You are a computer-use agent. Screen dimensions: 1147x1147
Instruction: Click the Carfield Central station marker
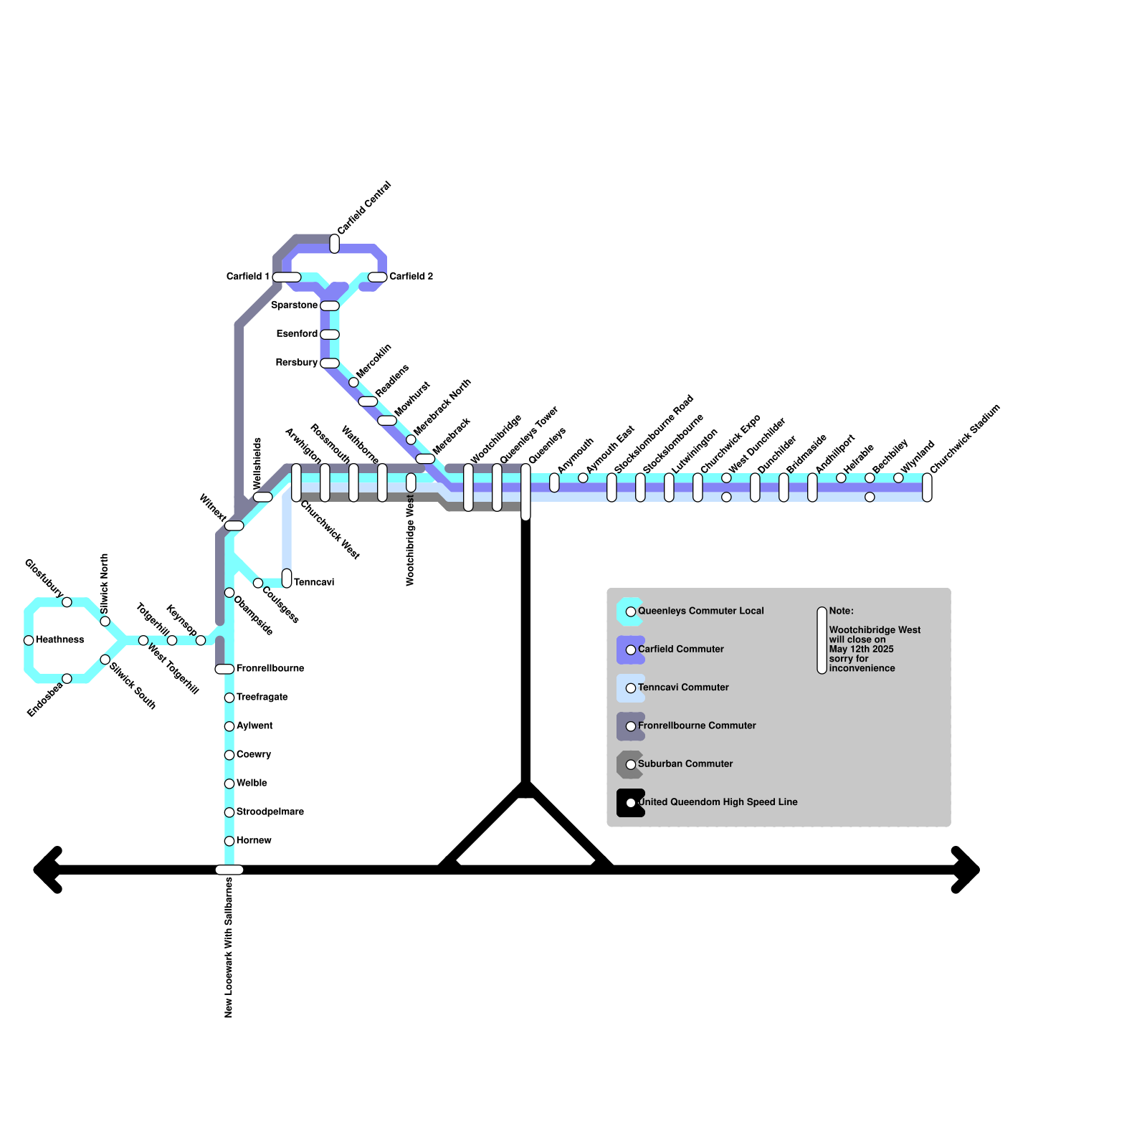[x=334, y=244]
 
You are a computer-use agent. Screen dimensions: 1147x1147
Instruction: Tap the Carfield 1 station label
[x=247, y=276]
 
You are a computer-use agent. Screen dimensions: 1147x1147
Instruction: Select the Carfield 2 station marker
[x=377, y=277]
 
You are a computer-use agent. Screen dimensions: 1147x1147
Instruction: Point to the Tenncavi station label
[x=314, y=582]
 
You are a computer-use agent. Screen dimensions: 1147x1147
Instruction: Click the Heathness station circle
[x=29, y=640]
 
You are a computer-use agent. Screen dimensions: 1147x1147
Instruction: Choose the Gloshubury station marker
[x=67, y=602]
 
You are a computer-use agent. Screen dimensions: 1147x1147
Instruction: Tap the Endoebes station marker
[x=67, y=678]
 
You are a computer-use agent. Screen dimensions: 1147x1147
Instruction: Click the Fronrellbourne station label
[x=270, y=668]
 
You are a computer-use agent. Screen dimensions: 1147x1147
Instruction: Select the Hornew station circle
[x=229, y=841]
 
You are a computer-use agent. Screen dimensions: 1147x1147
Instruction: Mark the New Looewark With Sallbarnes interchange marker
[x=229, y=870]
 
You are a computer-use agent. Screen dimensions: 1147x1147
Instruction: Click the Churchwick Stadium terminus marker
[x=927, y=487]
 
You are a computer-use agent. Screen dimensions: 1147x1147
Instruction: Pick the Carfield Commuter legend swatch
[x=630, y=649]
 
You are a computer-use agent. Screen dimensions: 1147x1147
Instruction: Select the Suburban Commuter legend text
[x=685, y=763]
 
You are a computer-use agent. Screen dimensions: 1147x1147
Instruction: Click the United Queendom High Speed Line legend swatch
[x=630, y=802]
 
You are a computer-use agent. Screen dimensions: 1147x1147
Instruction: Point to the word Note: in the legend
[x=841, y=611]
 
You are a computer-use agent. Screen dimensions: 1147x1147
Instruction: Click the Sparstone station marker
[x=330, y=305]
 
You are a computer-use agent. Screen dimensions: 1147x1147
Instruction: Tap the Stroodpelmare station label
[x=270, y=812]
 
